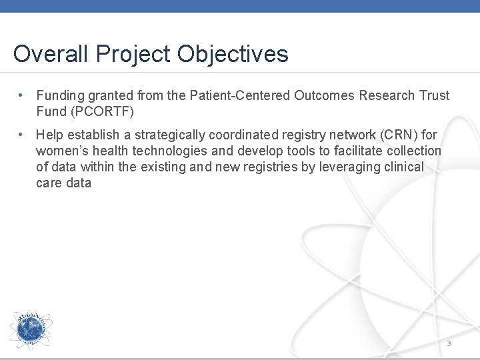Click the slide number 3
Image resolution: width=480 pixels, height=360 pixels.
pos(449,343)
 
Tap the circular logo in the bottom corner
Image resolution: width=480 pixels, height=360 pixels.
pos(30,331)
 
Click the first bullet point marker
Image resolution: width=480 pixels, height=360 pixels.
pos(22,95)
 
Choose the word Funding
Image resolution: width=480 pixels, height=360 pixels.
pos(61,95)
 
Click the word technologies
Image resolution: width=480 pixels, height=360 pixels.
pos(153,151)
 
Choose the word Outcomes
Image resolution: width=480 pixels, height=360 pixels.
pos(323,95)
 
